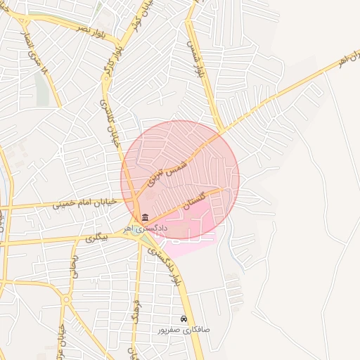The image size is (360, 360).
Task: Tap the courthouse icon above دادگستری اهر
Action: point(146,217)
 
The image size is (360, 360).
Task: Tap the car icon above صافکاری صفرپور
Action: point(184,319)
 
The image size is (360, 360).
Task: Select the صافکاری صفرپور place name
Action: point(184,329)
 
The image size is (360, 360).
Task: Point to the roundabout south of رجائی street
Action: point(66,300)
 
